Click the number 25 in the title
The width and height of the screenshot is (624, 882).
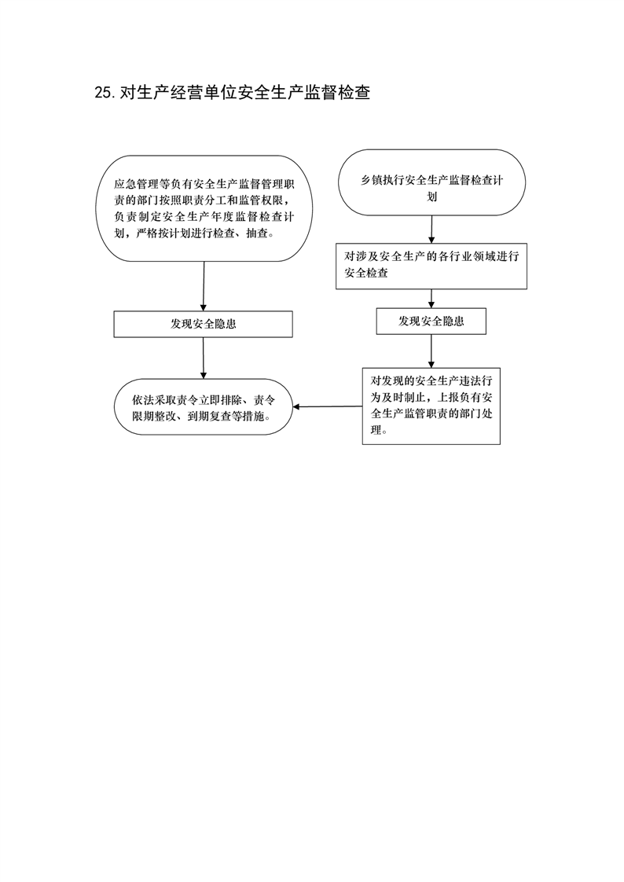coord(104,92)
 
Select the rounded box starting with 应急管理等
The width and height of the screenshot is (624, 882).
coord(204,208)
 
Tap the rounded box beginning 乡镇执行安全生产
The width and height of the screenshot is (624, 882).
coord(431,182)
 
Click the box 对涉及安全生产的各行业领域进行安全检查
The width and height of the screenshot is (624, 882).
coord(431,266)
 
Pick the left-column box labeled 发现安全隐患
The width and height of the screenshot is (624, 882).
coord(204,325)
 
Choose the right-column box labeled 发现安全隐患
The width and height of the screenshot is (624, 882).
coord(431,322)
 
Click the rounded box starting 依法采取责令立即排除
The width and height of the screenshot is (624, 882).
coord(204,406)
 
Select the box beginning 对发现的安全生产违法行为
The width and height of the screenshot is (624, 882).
coord(431,406)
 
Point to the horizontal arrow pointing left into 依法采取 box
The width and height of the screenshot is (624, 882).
coord(328,406)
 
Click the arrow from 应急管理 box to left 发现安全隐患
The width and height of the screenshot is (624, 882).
coord(204,286)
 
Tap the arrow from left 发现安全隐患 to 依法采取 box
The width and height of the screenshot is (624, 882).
coord(204,358)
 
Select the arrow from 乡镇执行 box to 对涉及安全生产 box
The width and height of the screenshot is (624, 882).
coord(431,230)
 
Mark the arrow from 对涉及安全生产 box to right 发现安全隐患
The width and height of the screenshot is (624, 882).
coord(431,299)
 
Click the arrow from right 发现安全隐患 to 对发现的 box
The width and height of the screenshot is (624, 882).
coord(431,351)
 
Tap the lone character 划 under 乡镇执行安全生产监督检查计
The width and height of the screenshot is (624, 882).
coord(431,197)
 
